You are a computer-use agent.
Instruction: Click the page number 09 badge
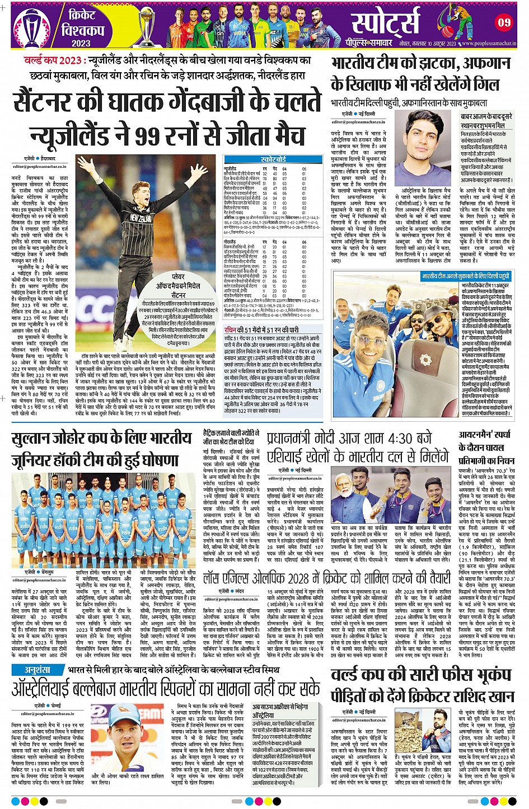504,22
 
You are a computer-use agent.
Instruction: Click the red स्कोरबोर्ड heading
273,159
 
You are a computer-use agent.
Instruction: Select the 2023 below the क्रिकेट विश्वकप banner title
81,43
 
